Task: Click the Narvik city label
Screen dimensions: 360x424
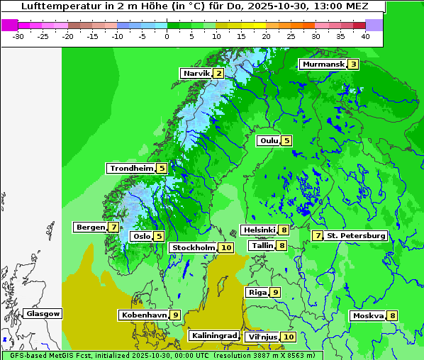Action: click(x=196, y=73)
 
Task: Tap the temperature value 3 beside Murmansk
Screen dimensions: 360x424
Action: click(x=352, y=64)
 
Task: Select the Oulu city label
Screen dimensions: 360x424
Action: click(x=269, y=140)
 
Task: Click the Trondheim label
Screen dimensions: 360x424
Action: click(x=131, y=168)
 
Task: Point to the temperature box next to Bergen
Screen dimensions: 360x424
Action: click(x=113, y=227)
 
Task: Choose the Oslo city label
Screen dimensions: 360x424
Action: click(x=141, y=236)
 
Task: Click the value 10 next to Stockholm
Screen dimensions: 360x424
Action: click(x=225, y=247)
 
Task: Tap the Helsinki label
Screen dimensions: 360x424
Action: click(x=258, y=230)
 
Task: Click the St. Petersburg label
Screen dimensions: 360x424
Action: click(x=356, y=235)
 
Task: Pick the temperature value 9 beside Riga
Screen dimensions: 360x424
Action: click(x=275, y=292)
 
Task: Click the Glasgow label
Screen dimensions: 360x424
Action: click(x=43, y=313)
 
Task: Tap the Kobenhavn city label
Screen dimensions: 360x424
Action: click(x=144, y=315)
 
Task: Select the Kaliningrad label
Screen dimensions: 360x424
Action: click(x=213, y=335)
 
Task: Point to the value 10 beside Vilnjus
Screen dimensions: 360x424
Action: click(x=288, y=337)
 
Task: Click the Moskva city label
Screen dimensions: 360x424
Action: click(x=368, y=315)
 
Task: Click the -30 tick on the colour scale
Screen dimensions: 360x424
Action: click(x=18, y=36)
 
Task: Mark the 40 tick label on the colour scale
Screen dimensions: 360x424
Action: click(x=365, y=36)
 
